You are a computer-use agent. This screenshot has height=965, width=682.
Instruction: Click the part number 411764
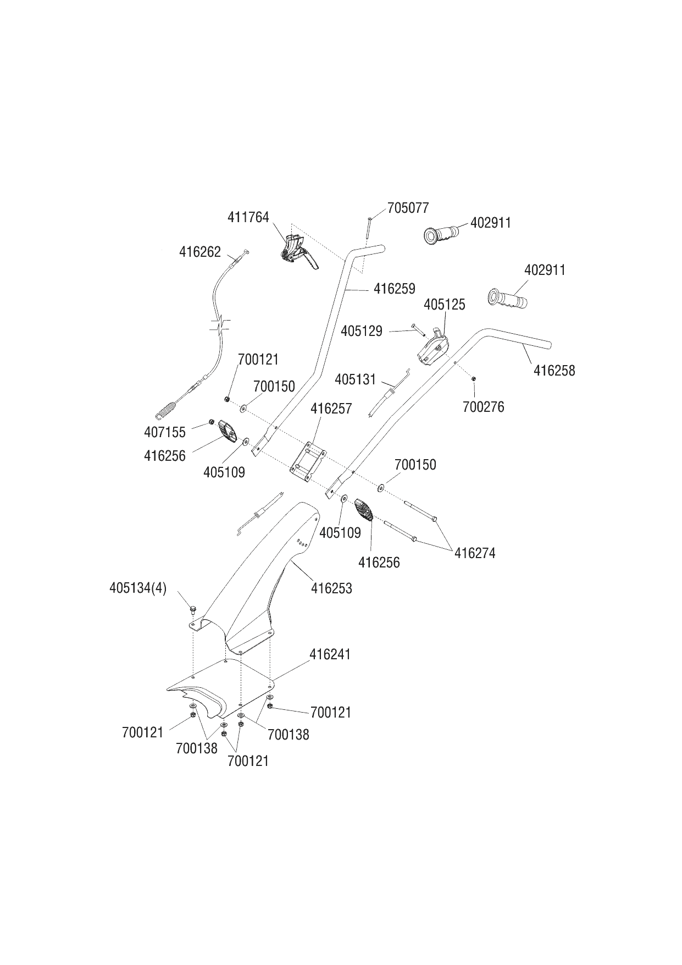248,217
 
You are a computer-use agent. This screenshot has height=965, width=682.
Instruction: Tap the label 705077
408,208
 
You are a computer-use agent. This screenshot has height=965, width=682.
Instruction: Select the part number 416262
200,252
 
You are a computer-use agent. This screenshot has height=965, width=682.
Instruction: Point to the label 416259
395,289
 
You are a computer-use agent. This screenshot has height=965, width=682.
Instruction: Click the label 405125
445,304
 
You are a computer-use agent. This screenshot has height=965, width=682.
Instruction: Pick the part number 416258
555,371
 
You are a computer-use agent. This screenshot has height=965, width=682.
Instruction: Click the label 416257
331,409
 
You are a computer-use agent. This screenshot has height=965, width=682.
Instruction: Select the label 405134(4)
138,588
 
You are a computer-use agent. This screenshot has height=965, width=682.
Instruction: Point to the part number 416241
330,654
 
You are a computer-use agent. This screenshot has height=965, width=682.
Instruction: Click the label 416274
475,553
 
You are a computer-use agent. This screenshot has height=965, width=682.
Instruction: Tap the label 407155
165,432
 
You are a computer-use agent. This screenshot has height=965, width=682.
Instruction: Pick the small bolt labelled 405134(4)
193,609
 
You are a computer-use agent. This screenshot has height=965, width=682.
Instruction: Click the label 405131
355,379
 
